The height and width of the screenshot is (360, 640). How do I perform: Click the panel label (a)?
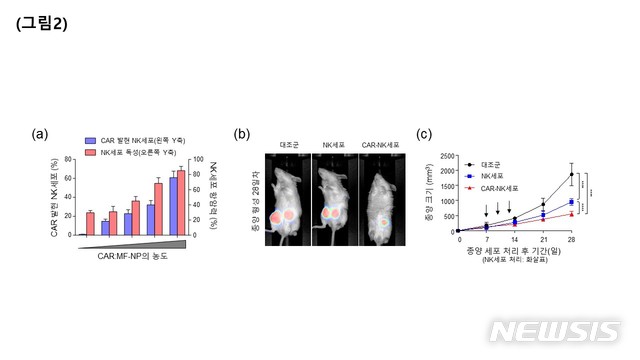(41, 134)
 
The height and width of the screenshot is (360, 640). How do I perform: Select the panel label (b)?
(241, 134)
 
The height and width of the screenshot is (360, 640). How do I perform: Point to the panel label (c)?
(423, 134)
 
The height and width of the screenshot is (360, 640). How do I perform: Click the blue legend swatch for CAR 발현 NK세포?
(90, 140)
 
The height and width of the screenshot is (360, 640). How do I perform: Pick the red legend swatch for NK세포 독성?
(90, 152)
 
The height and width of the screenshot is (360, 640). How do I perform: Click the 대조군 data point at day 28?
(572, 175)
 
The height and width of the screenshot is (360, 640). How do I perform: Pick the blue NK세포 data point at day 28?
(572, 202)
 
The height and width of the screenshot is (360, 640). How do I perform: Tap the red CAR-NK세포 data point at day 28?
(572, 213)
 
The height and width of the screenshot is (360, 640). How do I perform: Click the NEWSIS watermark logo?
(555, 331)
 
